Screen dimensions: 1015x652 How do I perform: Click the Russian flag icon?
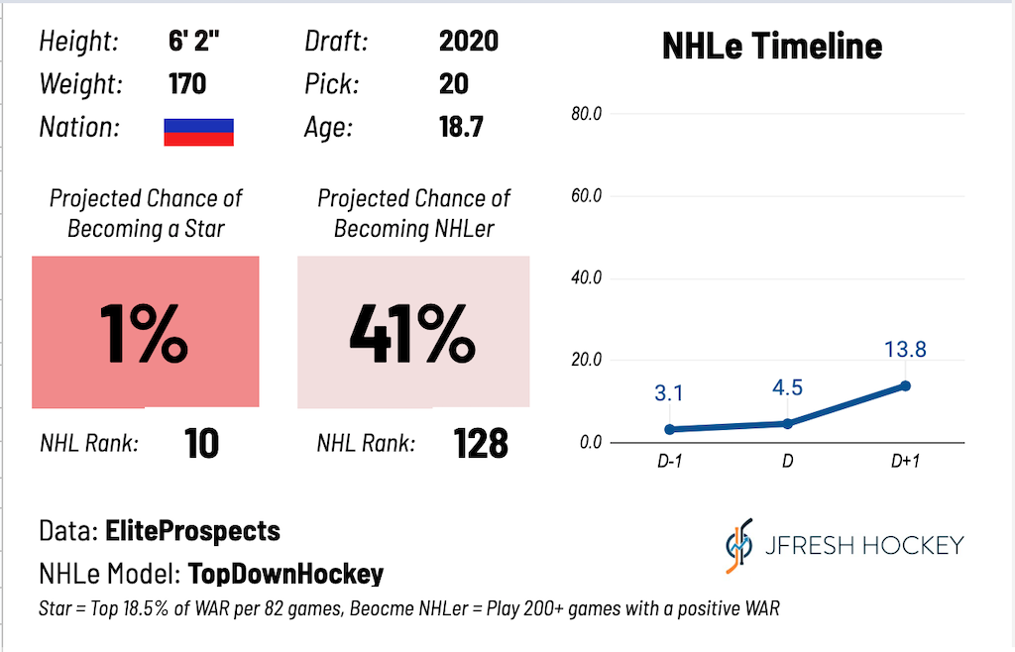click(x=198, y=132)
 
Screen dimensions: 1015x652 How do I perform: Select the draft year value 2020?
click(x=469, y=42)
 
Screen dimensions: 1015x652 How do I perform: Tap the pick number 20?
click(x=454, y=84)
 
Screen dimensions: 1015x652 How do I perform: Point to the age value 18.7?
click(x=461, y=127)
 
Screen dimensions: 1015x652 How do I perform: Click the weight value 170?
click(x=187, y=84)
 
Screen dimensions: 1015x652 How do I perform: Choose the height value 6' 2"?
click(x=193, y=41)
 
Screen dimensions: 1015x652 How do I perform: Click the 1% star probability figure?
click(x=144, y=334)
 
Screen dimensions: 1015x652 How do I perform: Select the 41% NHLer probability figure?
click(x=412, y=334)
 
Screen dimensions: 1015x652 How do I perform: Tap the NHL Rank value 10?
click(x=201, y=444)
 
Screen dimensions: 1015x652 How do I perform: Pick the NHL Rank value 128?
click(x=481, y=444)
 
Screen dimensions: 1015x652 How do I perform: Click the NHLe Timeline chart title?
click(x=772, y=46)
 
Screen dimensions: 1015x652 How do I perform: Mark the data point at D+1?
click(x=906, y=386)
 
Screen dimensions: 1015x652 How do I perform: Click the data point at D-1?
click(x=669, y=429)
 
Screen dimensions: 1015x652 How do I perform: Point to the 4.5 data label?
click(x=787, y=387)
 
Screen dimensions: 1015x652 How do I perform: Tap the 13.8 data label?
click(x=906, y=349)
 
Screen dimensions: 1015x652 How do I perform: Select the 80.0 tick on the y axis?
click(x=587, y=114)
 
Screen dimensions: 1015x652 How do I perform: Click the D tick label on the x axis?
click(x=787, y=461)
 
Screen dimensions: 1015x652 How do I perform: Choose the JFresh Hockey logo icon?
click(x=739, y=545)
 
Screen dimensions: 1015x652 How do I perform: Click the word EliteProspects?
click(x=193, y=531)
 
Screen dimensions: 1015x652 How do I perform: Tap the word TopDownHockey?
click(x=285, y=574)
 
